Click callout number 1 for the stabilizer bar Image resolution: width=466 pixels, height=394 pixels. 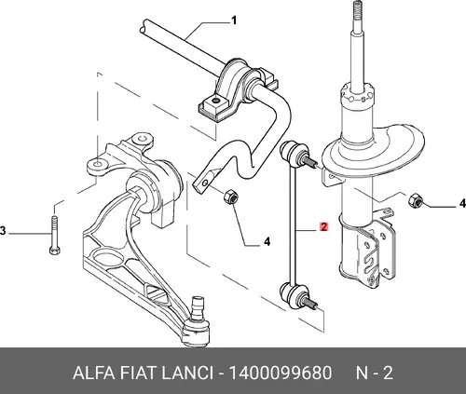point(234,20)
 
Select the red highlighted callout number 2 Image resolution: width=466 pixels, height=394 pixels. point(323,227)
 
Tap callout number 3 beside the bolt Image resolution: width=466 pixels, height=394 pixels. point(3,231)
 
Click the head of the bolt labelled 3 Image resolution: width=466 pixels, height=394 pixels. point(55,250)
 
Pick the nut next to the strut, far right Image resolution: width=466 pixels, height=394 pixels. point(415,200)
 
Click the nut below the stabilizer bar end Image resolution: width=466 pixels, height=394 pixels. point(231,197)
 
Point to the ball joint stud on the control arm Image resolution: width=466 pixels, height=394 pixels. point(197,307)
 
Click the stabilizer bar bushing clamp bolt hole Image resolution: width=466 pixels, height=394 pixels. point(214,101)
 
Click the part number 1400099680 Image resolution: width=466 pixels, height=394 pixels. point(281,373)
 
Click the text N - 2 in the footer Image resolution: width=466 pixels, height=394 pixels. point(375,373)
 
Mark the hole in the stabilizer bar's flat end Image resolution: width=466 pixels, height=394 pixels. point(204,183)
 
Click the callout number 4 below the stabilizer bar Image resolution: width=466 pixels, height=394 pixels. point(267,241)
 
